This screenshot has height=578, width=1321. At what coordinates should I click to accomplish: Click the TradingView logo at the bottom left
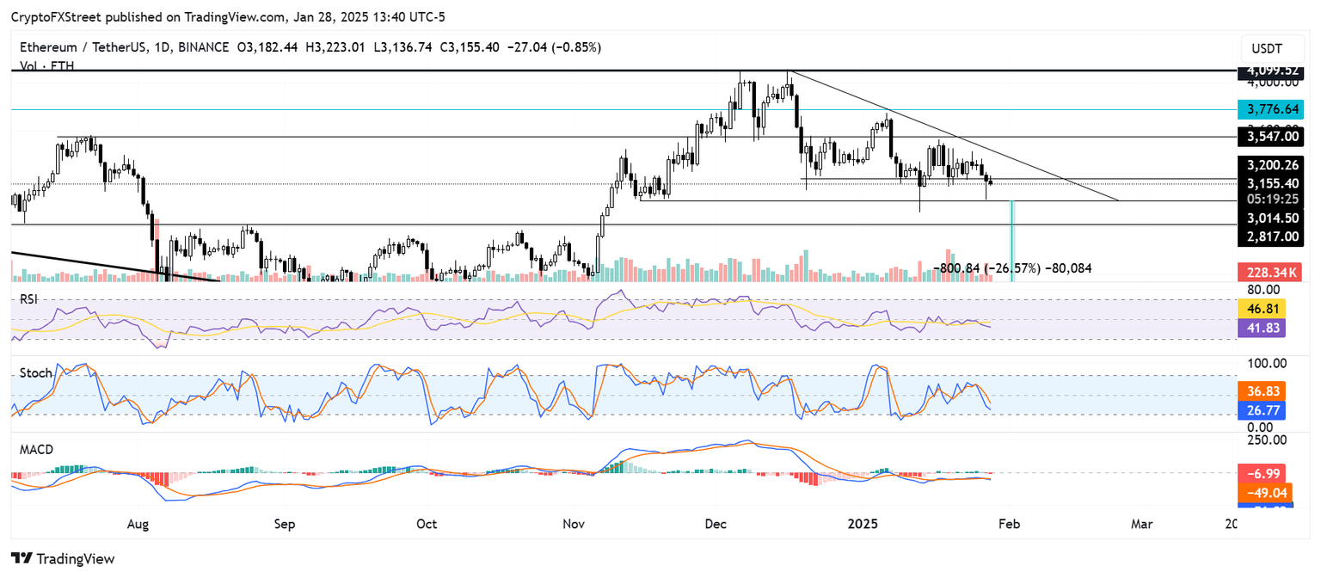pos(63,558)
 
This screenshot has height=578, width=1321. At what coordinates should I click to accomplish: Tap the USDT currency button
pos(1268,48)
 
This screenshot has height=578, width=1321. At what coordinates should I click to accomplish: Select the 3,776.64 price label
pos(1269,109)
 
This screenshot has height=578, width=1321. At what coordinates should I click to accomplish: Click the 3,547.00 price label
pos(1269,137)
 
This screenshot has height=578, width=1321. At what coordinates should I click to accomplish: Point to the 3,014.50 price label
pos(1269,218)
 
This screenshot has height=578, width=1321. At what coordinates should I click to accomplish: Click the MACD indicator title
pos(40,450)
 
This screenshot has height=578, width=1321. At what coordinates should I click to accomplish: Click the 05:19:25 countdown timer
pos(1269,200)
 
